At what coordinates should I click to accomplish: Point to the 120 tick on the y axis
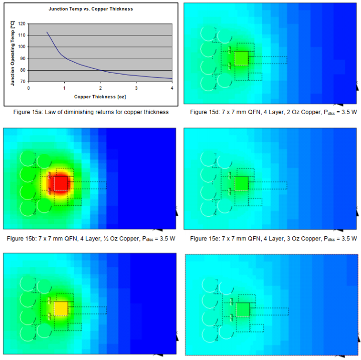pyautogui.click(x=22, y=24)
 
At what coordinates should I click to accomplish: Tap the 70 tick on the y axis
pyautogui.click(x=23, y=81)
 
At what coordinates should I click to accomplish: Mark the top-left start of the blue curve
pyautogui.click(x=47, y=32)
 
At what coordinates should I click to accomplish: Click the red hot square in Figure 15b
pyautogui.click(x=61, y=183)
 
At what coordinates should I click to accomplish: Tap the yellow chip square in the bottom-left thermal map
pyautogui.click(x=61, y=308)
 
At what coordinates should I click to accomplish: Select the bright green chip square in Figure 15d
pyautogui.click(x=241, y=58)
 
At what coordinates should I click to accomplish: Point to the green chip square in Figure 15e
pyautogui.click(x=241, y=183)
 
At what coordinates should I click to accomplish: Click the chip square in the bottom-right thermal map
pyautogui.click(x=243, y=309)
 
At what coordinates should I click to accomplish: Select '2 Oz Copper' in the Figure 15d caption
pyautogui.click(x=288, y=112)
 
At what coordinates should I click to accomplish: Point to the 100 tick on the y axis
pyautogui.click(x=22, y=47)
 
